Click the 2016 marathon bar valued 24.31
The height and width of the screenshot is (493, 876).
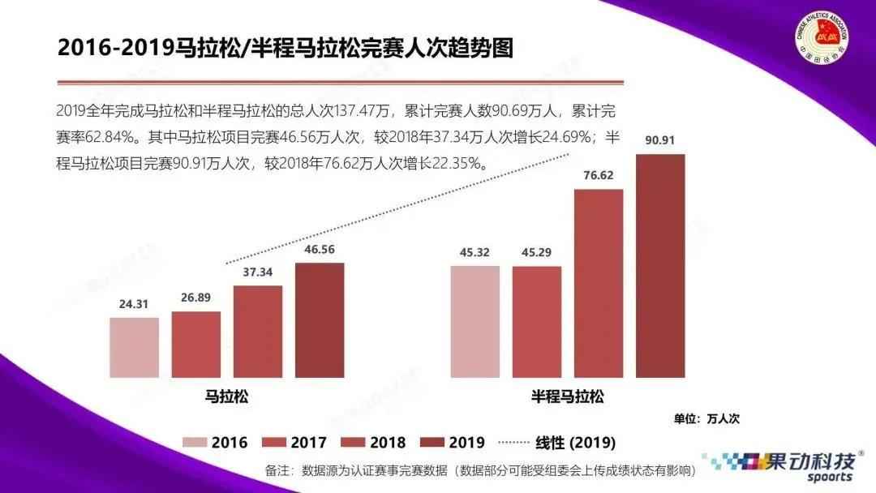135,347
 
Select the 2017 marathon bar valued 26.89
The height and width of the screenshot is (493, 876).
196,345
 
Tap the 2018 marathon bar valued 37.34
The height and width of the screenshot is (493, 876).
258,332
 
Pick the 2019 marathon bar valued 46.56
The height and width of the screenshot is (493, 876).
320,320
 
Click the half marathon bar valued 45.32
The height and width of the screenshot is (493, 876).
475,321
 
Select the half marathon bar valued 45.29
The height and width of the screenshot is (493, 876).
537,321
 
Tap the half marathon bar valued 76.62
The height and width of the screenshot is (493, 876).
599,283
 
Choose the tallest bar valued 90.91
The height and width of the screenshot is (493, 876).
660,266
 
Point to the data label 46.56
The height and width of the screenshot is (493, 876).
320,250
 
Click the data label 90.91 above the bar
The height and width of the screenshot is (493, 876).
660,140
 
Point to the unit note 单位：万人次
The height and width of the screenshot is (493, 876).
706,418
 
